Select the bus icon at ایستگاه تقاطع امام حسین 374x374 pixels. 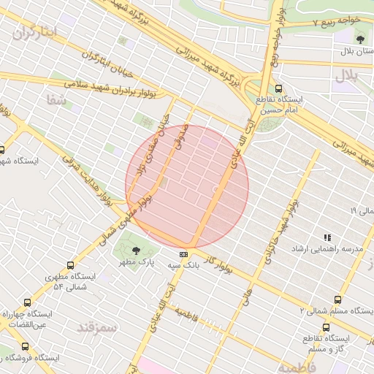click(278, 88)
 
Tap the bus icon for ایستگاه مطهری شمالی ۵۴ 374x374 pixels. click(70, 266)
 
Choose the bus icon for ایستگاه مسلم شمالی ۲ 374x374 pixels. click(337, 299)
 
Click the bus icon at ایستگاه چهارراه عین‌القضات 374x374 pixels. click(28, 302)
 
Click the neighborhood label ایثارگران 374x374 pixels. click(34, 33)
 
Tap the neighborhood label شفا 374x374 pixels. click(55, 100)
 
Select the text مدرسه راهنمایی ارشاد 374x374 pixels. click(337, 249)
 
